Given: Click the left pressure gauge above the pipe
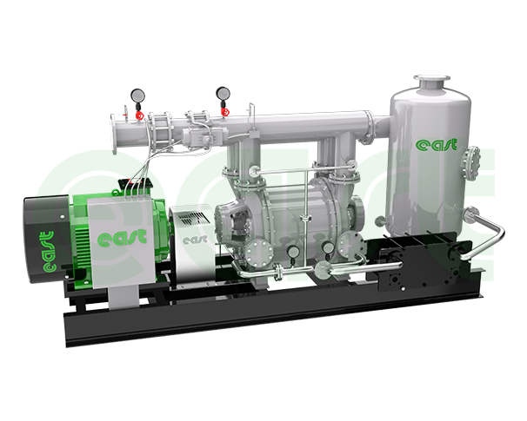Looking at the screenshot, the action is pyautogui.click(x=137, y=95).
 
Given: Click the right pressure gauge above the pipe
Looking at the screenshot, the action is pyautogui.click(x=223, y=93).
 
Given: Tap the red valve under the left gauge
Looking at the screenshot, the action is pyautogui.click(x=139, y=115).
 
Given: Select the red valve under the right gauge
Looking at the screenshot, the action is pyautogui.click(x=224, y=111).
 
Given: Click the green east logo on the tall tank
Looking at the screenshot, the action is pyautogui.click(x=437, y=145).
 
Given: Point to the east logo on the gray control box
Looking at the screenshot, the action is pyautogui.click(x=122, y=237).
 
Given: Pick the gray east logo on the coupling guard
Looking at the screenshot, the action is pyautogui.click(x=195, y=240).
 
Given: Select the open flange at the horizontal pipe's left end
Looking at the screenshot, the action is pyautogui.click(x=114, y=134).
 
